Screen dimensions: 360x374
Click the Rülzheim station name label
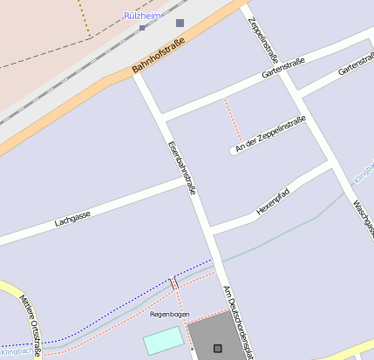click(x=143, y=16)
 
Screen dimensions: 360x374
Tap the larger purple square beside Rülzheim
click(x=180, y=24)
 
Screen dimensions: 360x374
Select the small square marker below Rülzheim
click(x=142, y=28)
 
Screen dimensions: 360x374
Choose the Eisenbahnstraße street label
click(x=181, y=166)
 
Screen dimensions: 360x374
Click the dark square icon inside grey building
click(x=217, y=349)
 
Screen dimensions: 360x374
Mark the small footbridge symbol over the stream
click(x=174, y=283)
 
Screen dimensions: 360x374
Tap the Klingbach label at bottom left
click(x=16, y=352)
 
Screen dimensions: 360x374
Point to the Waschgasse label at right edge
click(x=363, y=218)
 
